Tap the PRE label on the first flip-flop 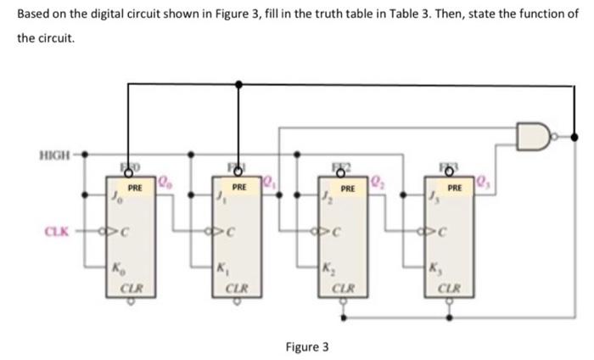coord(134,186)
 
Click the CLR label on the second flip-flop coord(238,288)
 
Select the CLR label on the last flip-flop coord(453,288)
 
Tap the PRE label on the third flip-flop coord(347,186)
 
